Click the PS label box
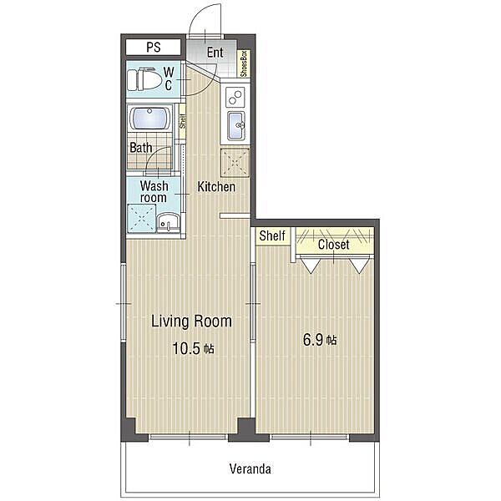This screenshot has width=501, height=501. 154,48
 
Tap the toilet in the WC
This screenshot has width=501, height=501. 144,79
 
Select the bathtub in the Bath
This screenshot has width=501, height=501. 150,119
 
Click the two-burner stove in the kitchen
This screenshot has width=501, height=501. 235,97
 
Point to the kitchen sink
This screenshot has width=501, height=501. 236,125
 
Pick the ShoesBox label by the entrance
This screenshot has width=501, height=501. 245,63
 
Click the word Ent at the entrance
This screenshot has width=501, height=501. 215,53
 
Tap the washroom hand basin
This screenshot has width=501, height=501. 168,222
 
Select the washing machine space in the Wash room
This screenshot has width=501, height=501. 142,219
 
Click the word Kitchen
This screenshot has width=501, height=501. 216,187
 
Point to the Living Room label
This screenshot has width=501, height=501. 191,321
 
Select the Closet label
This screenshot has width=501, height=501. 333,245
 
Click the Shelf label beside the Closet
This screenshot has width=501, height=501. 272,235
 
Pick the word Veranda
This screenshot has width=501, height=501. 250,469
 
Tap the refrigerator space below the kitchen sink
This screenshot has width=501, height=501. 235,162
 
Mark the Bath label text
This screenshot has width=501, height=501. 141,148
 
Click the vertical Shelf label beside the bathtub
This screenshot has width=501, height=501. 182,121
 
